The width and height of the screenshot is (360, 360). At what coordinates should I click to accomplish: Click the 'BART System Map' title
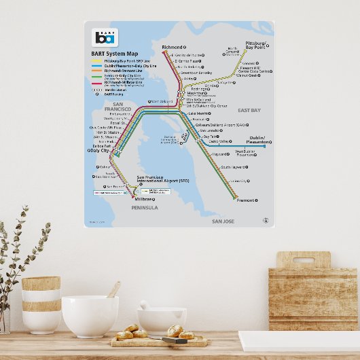(x=114, y=54)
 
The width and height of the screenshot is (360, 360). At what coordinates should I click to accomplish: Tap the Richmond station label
(x=173, y=48)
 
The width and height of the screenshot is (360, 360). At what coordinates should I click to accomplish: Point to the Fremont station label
(x=246, y=200)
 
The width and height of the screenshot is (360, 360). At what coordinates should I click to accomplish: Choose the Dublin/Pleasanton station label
(x=257, y=140)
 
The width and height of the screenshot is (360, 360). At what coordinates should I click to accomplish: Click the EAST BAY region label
(x=249, y=110)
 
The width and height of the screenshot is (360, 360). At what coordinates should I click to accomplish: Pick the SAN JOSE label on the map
(x=223, y=221)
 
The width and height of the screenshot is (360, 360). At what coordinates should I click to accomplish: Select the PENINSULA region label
(x=143, y=208)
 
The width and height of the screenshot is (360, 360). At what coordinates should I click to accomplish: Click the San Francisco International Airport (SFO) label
(x=161, y=181)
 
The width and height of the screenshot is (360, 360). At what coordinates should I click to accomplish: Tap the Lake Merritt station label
(x=199, y=113)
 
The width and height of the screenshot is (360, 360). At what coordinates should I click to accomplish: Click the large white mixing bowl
(x=90, y=316)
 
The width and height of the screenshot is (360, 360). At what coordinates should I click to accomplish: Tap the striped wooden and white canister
(x=41, y=304)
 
